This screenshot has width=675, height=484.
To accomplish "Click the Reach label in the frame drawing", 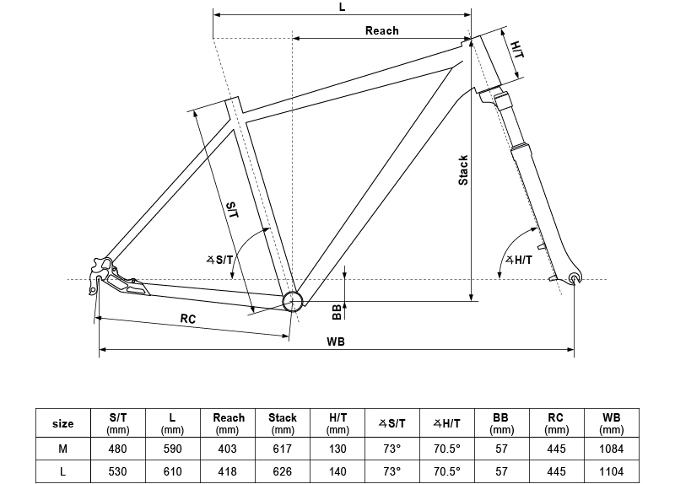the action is click(x=382, y=30).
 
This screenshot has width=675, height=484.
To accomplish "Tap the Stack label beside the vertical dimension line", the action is click(x=463, y=170).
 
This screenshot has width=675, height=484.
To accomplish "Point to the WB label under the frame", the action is click(x=335, y=341).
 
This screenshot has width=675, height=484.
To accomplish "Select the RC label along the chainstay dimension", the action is click(x=187, y=319).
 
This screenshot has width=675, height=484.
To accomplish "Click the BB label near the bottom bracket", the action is click(x=337, y=312).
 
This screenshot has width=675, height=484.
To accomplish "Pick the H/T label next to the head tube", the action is click(x=517, y=50).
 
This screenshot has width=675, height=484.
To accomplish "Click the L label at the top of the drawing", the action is click(x=343, y=7).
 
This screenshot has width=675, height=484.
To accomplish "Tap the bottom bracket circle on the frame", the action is click(x=293, y=301).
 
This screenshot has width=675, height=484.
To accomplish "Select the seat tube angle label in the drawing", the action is click(x=219, y=260).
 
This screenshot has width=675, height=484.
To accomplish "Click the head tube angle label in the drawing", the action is click(x=519, y=260).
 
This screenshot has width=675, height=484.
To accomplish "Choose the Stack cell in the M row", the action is click(x=283, y=449).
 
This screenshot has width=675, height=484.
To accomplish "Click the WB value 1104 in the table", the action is click(x=611, y=471).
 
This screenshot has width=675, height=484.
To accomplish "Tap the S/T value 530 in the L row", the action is click(x=117, y=471).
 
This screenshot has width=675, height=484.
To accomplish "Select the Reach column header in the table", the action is click(x=228, y=423).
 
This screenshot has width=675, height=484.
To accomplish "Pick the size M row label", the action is click(x=62, y=449).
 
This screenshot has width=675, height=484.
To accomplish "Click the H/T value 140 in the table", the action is click(x=337, y=471).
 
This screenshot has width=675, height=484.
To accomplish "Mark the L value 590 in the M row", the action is click(x=173, y=449).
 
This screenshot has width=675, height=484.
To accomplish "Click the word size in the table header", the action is click(x=62, y=423).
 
